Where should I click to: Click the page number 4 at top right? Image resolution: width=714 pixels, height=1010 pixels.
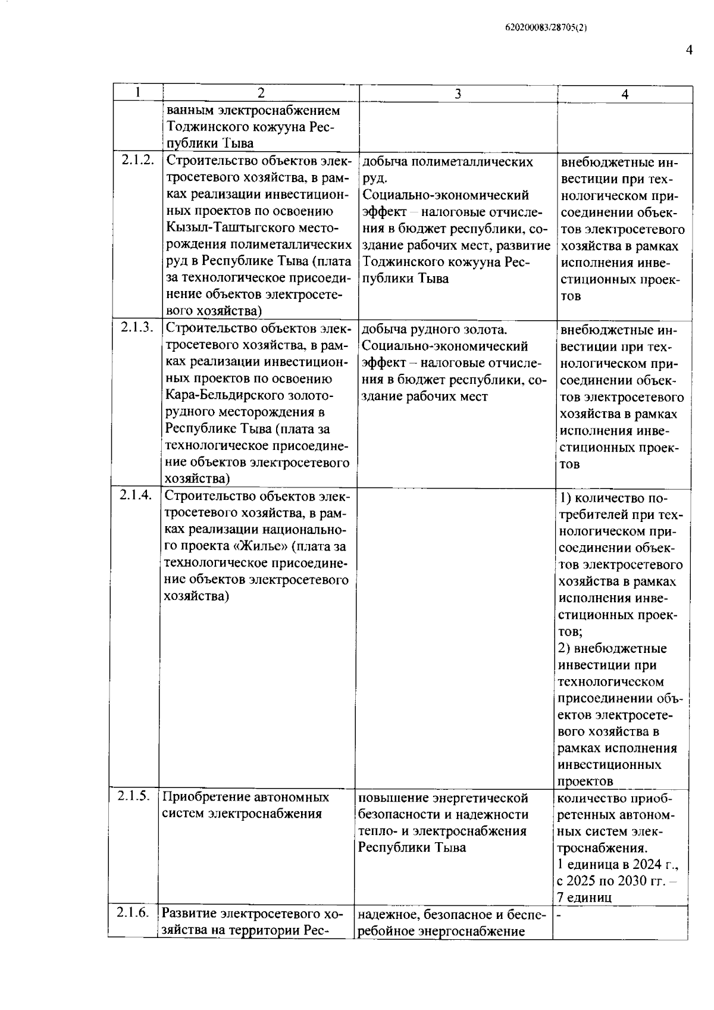[688, 50]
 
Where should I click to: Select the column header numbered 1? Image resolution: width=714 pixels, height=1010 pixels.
[138, 92]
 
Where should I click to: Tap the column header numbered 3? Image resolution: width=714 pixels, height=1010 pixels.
[458, 93]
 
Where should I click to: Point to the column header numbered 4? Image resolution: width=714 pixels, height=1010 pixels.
[625, 94]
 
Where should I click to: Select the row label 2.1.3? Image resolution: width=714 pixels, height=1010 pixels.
[137, 327]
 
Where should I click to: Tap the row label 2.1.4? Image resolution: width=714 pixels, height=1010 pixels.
[136, 495]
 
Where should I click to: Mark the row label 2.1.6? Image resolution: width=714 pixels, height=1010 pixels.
[133, 912]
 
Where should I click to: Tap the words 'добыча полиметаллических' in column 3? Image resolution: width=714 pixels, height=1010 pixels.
[447, 162]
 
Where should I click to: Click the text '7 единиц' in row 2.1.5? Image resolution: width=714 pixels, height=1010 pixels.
[584, 898]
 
